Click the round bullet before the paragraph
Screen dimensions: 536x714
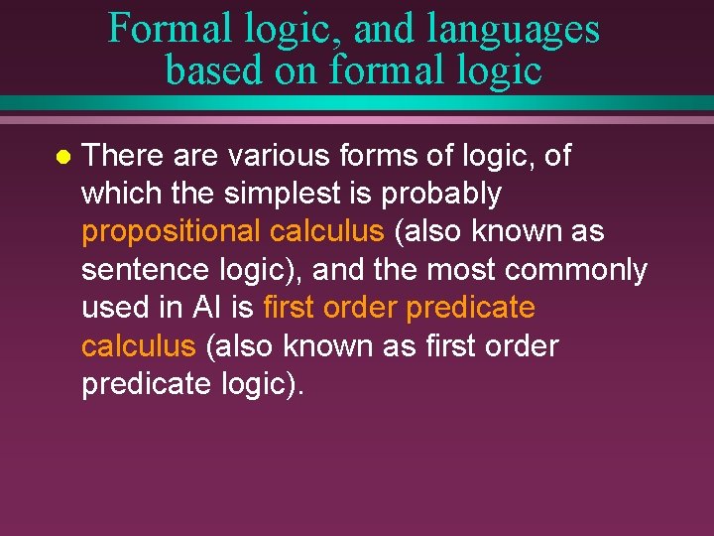pos(61,157)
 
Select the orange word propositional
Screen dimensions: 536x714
pos(171,232)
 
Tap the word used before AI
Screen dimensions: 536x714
pos(117,308)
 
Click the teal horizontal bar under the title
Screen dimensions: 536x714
pos(357,103)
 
